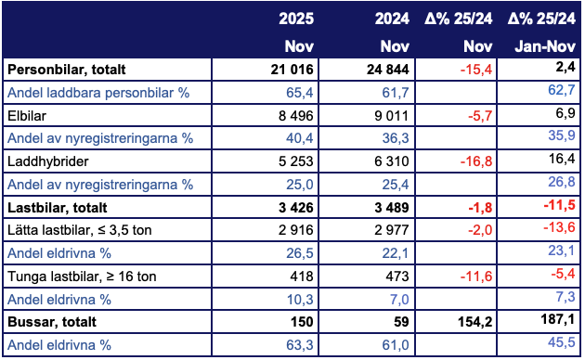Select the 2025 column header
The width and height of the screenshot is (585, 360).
point(297,18)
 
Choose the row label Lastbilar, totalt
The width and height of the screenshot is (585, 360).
point(57,205)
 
